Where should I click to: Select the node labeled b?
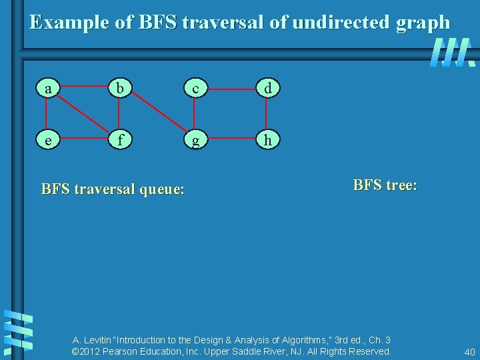[119, 87]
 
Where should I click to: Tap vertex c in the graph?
[195, 87]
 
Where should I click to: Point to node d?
[267, 87]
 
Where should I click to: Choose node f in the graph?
[119, 141]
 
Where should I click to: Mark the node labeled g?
[195, 141]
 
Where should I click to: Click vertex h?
[267, 141]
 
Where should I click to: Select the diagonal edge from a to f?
[83, 114]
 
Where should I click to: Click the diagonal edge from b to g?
[157, 114]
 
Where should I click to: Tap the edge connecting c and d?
[231, 87]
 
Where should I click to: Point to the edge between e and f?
[83, 141]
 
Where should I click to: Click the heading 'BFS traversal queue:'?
[113, 189]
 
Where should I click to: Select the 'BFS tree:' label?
[385, 185]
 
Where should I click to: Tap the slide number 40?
[469, 351]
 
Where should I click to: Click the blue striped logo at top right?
[452, 53]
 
